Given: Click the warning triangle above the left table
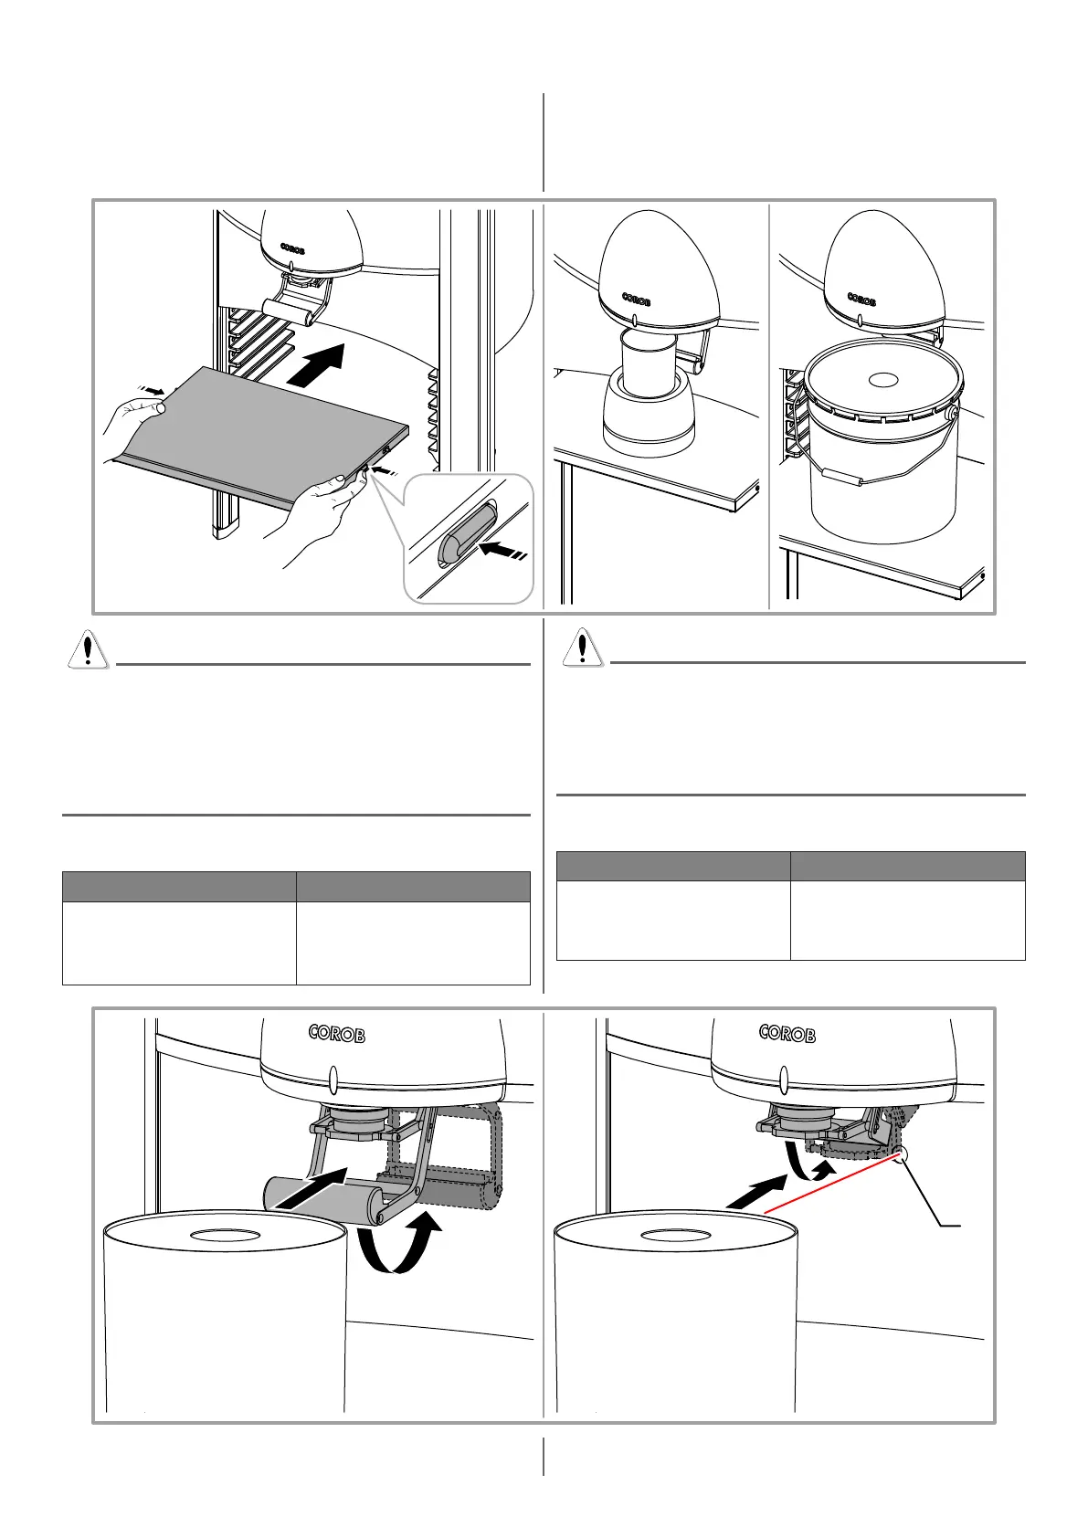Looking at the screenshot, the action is pos(88,649).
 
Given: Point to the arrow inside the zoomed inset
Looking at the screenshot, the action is pos(502,551).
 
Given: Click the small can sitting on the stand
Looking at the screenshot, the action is pos(647,363).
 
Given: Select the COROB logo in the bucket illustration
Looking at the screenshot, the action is pos(861,298).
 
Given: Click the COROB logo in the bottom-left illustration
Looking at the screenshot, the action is pos(337,1034).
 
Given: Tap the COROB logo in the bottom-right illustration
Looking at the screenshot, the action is pos(787,1034).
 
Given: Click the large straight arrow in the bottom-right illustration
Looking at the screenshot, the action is pos(755,1194).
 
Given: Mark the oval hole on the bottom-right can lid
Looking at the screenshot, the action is pos(675,1236).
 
